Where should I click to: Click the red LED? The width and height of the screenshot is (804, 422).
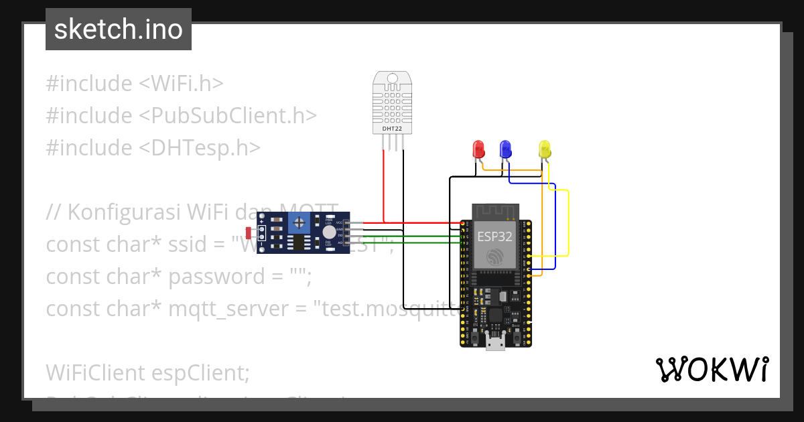pyautogui.click(x=478, y=149)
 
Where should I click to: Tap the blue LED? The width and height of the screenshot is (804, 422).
pyautogui.click(x=506, y=149)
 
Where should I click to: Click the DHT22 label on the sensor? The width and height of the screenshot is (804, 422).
pyautogui.click(x=392, y=129)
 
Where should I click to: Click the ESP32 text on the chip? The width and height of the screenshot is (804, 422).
pyautogui.click(x=496, y=236)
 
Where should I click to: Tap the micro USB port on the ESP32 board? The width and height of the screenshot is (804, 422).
pyautogui.click(x=496, y=343)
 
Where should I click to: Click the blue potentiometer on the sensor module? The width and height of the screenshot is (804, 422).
pyautogui.click(x=301, y=222)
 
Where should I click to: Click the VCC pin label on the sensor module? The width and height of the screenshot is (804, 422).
pyautogui.click(x=339, y=222)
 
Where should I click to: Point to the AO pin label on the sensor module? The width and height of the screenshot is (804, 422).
pyautogui.click(x=339, y=243)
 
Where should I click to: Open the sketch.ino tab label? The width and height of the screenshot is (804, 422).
pyautogui.click(x=119, y=29)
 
